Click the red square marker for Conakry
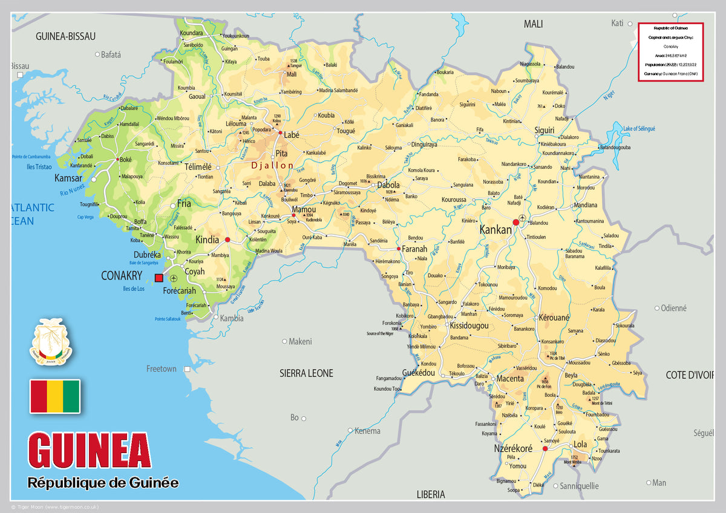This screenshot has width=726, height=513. (159, 278)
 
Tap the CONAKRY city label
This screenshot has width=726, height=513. (122, 276)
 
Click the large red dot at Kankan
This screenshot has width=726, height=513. (516, 223)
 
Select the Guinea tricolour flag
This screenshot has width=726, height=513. (55, 396)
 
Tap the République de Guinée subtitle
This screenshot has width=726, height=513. (103, 483)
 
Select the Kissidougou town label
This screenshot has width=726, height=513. (469, 325)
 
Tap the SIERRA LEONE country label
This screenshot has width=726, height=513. (306, 373)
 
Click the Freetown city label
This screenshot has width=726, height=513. (162, 368)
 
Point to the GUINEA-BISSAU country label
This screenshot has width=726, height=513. (65, 36)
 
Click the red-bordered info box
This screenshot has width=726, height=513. (670, 51)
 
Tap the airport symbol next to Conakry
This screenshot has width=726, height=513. (174, 278)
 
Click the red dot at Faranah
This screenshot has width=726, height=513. (398, 249)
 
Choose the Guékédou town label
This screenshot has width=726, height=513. (419, 373)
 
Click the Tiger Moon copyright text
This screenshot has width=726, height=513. (54, 507)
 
